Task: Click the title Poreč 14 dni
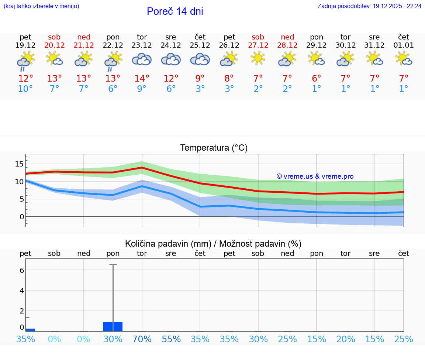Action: click(x=175, y=11)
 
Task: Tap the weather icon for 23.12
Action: click(x=142, y=59)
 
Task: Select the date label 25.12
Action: click(x=200, y=45)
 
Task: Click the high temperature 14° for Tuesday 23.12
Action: click(x=142, y=79)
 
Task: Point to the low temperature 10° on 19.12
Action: click(x=25, y=89)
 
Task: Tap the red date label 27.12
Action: click(x=258, y=45)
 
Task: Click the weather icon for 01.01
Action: click(x=404, y=59)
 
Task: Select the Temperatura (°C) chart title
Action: click(x=214, y=148)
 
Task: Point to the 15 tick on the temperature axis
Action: click(x=19, y=164)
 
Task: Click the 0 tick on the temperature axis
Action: click(x=21, y=217)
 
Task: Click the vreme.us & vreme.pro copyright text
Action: click(x=315, y=176)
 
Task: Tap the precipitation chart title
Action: click(x=213, y=244)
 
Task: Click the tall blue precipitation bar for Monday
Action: click(x=113, y=326)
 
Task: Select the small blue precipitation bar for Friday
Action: click(x=30, y=329)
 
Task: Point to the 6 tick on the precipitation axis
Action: click(x=22, y=270)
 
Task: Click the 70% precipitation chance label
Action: click(x=142, y=339)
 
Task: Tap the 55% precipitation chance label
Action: click(x=171, y=339)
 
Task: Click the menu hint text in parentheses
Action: click(x=41, y=6)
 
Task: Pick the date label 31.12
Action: click(x=374, y=45)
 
